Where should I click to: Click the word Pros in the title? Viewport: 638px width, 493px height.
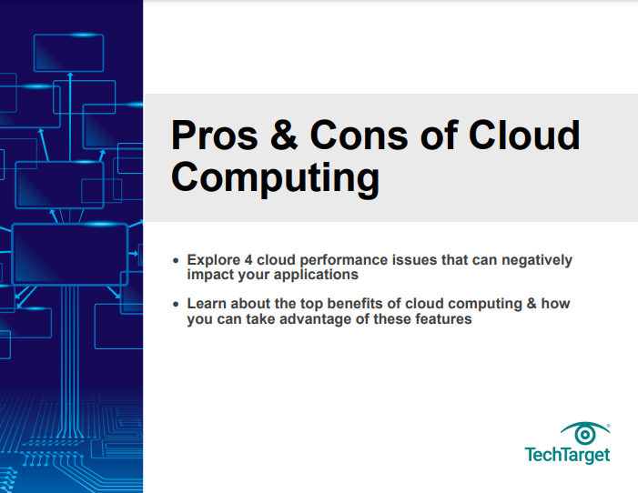click(215, 135)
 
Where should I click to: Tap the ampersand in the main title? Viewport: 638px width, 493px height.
click(284, 135)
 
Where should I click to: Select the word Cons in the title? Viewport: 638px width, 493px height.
click(359, 135)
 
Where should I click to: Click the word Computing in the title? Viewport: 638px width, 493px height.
click(275, 177)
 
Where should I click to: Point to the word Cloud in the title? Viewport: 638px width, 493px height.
click(524, 135)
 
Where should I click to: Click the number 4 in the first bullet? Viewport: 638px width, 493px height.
click(248, 260)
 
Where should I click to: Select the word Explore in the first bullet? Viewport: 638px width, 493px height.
click(214, 260)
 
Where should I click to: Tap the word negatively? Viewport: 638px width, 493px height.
click(537, 261)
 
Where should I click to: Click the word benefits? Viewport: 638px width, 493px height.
click(355, 304)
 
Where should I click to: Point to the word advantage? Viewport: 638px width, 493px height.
click(315, 319)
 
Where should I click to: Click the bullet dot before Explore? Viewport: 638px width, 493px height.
click(176, 260)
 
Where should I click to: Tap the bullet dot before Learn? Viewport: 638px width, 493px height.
click(176, 304)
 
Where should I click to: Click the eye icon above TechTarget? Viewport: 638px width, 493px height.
click(585, 433)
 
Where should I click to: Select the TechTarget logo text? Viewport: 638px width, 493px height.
click(567, 455)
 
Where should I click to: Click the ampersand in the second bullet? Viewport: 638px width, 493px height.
click(532, 304)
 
